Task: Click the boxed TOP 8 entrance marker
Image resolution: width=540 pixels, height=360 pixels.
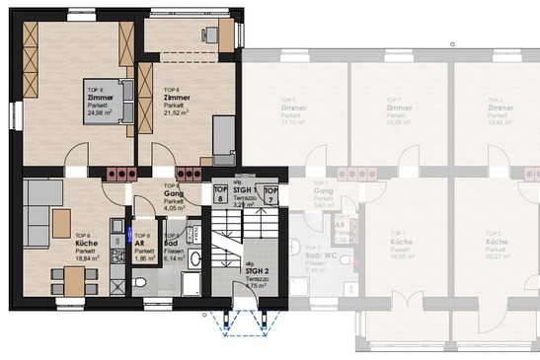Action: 220,193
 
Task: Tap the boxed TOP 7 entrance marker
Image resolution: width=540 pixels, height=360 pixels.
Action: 271,193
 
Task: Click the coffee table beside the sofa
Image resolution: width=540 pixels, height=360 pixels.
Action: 61,218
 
